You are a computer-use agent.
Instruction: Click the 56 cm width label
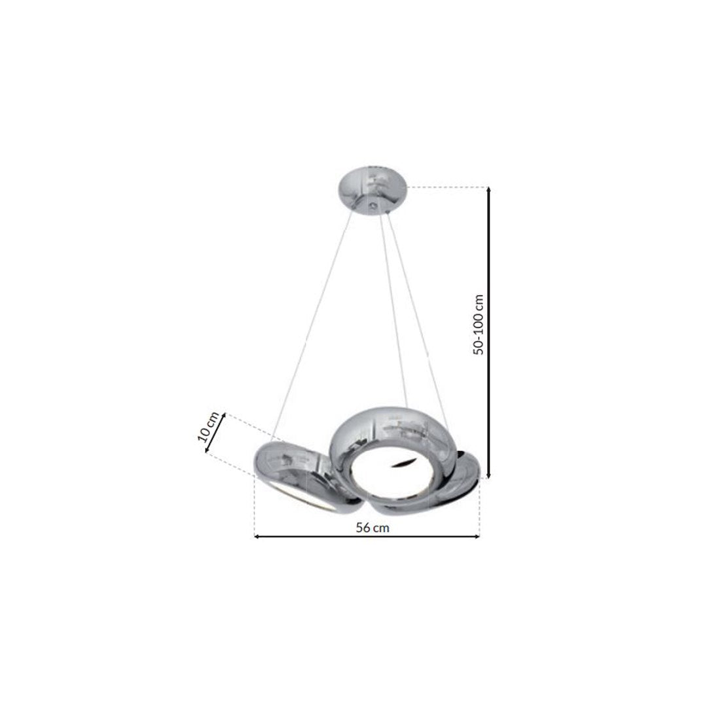coord(372,528)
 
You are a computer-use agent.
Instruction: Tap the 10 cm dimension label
coord(208,427)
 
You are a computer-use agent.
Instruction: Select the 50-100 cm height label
coord(479,325)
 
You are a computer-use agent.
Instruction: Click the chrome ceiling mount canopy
coord(372,192)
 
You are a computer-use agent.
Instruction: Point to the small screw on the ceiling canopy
coord(372,206)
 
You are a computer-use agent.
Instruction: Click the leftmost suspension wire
coord(312,325)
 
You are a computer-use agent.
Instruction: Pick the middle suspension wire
coord(393,310)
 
